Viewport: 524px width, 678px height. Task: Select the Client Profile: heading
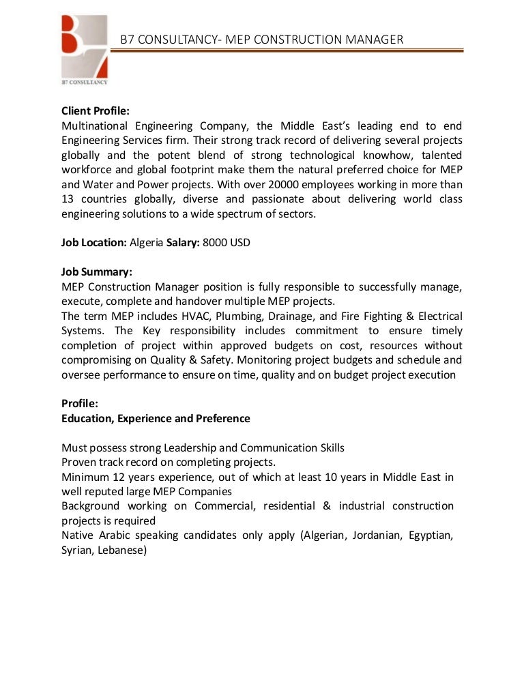tap(96, 110)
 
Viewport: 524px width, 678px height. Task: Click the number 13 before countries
tap(68, 199)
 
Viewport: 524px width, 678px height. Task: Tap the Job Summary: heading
tap(96, 272)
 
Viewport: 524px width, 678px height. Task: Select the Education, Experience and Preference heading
tap(156, 418)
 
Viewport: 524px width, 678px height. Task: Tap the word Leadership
tap(190, 448)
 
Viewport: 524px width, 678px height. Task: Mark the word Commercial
tap(224, 506)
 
